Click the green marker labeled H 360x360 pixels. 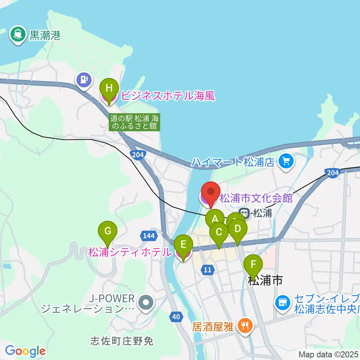point(109,88)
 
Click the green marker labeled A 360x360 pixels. point(215,219)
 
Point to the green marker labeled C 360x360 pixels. point(219,232)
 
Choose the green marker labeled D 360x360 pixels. point(237,228)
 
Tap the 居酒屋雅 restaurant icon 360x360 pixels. point(246,325)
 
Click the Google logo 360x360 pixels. point(25,351)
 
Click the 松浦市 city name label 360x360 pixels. point(265,280)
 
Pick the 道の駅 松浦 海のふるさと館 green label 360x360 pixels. point(135,122)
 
